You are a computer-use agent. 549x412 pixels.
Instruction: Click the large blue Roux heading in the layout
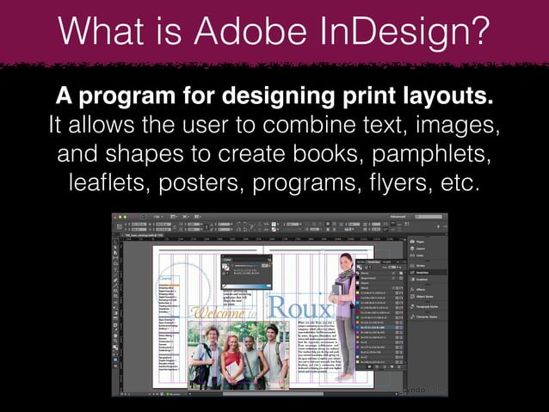tap(299, 307)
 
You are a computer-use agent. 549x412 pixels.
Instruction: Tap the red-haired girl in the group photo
tap(232, 353)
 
